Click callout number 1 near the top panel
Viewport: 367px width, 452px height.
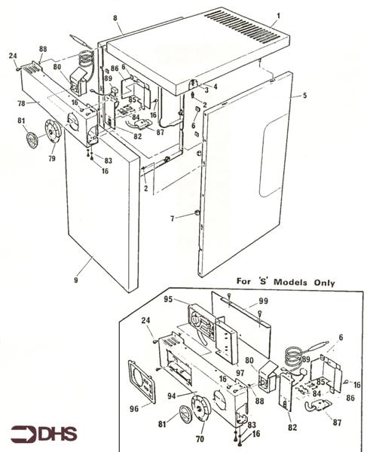278,16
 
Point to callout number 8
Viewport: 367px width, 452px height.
115,18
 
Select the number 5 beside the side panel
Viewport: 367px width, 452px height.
305,96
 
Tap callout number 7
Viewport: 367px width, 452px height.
173,218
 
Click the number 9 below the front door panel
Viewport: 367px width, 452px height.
76,279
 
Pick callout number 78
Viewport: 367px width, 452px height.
21,103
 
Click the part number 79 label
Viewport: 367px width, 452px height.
52,158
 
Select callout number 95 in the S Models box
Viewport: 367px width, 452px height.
168,299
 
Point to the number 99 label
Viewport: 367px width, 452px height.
263,301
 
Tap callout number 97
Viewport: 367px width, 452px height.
240,373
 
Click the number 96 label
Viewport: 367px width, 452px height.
134,408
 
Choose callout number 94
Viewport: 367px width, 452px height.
172,396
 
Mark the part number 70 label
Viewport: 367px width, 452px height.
200,438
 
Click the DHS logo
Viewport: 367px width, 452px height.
44,435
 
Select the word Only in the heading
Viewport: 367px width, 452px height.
325,282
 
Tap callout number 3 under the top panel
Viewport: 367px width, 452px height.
206,90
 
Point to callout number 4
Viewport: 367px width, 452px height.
215,86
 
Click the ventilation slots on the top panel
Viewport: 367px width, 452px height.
243,26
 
